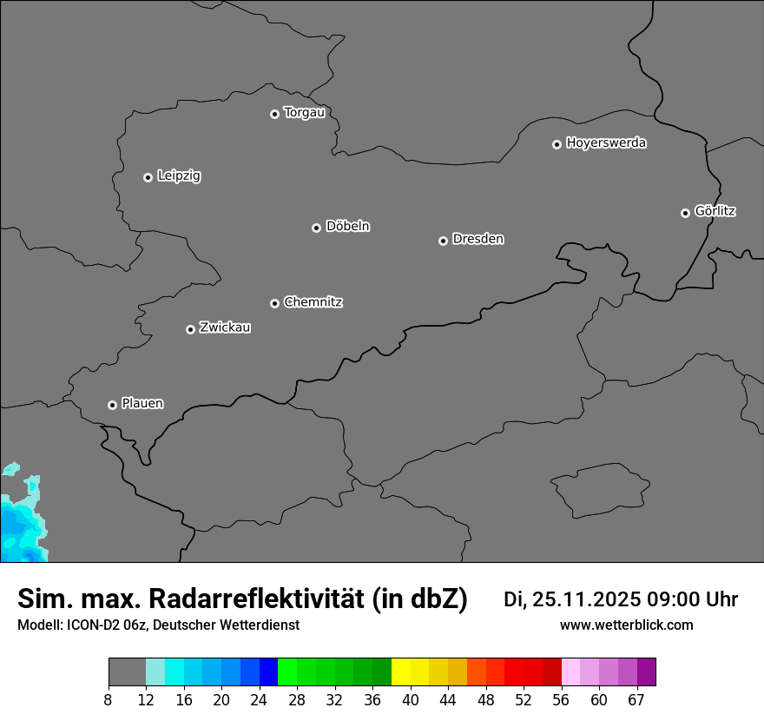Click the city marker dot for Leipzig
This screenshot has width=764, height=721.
tap(148, 177)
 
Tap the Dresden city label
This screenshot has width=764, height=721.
tap(477, 239)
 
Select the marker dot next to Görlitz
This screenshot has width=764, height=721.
tap(685, 213)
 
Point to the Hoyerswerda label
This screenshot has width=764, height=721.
tap(606, 143)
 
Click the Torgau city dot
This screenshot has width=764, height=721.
tap(274, 114)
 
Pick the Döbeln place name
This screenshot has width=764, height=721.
tap(347, 227)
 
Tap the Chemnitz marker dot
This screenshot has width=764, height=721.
tap(274, 303)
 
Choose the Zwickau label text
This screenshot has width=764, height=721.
tap(225, 327)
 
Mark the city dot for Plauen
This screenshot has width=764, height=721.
tap(112, 405)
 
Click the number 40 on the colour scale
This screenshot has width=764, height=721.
tap(411, 699)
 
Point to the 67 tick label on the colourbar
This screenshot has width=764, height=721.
tap(636, 699)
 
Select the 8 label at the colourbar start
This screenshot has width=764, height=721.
tap(109, 699)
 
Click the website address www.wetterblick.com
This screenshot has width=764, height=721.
tap(626, 625)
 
